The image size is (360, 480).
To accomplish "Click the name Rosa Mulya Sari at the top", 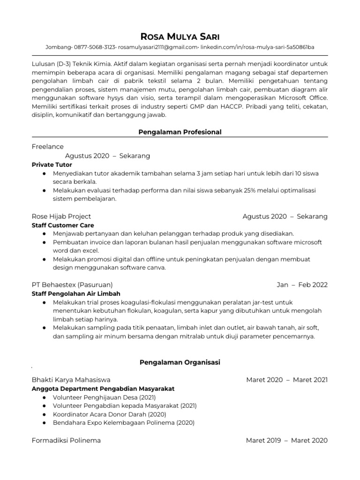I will click(x=180, y=37).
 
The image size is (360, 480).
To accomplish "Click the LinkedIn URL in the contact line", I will click(x=258, y=47).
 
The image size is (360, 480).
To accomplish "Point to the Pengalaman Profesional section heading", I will click(x=180, y=132).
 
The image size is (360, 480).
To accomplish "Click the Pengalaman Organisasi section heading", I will click(x=180, y=362).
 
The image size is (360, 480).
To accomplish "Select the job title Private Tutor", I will click(x=52, y=165).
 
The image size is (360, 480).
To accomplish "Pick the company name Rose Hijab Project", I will click(x=61, y=216).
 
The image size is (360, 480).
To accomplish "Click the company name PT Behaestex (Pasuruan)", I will click(x=72, y=285).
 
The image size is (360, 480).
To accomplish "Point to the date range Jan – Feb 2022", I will click(x=302, y=285).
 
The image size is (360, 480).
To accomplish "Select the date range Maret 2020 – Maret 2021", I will click(x=287, y=380).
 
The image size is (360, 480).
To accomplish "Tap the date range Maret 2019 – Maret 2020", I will click(x=287, y=440).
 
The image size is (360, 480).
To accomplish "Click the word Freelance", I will click(x=48, y=147).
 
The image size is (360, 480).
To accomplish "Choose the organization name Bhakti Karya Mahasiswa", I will click(x=71, y=380).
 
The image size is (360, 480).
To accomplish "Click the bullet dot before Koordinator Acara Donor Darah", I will click(x=44, y=414).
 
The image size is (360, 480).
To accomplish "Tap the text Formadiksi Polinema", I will click(x=66, y=440).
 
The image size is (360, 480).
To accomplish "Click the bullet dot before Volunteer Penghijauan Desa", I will click(x=44, y=397).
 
